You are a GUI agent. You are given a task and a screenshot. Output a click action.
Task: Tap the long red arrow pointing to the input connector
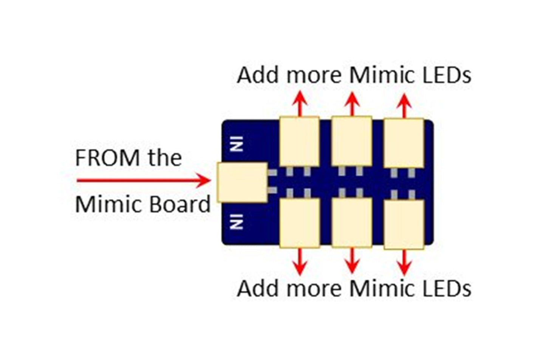click(144, 181)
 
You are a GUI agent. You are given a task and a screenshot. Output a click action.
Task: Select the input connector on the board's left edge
click(242, 182)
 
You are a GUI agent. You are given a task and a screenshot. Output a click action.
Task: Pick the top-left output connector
click(299, 141)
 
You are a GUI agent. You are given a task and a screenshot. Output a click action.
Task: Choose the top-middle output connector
click(351, 141)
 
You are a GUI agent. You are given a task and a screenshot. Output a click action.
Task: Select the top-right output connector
click(404, 143)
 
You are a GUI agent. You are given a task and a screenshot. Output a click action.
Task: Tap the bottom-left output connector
click(300, 223)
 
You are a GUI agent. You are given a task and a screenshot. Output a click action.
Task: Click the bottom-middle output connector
click(351, 223)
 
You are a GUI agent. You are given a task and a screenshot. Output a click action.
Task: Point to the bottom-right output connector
click(404, 225)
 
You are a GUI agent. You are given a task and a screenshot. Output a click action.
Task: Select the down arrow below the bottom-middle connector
click(352, 261)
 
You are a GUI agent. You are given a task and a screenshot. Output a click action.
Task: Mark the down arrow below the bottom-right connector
click(404, 262)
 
